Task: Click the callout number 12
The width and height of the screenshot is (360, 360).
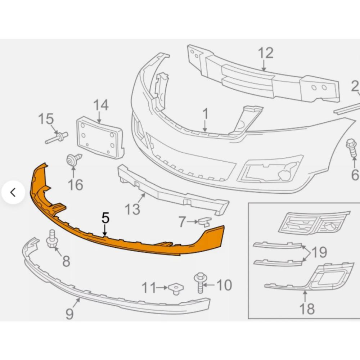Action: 266,53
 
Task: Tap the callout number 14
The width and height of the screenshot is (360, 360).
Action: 101,105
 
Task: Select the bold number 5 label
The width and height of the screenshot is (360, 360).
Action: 105,218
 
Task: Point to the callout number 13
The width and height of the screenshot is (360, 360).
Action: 133,209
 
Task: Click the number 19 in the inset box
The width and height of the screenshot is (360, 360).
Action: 319,252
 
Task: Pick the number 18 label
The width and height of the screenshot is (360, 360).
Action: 307,309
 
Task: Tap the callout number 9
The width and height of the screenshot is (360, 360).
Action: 69,314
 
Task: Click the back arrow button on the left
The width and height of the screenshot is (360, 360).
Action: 13,193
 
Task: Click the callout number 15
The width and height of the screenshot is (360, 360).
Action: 46,119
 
